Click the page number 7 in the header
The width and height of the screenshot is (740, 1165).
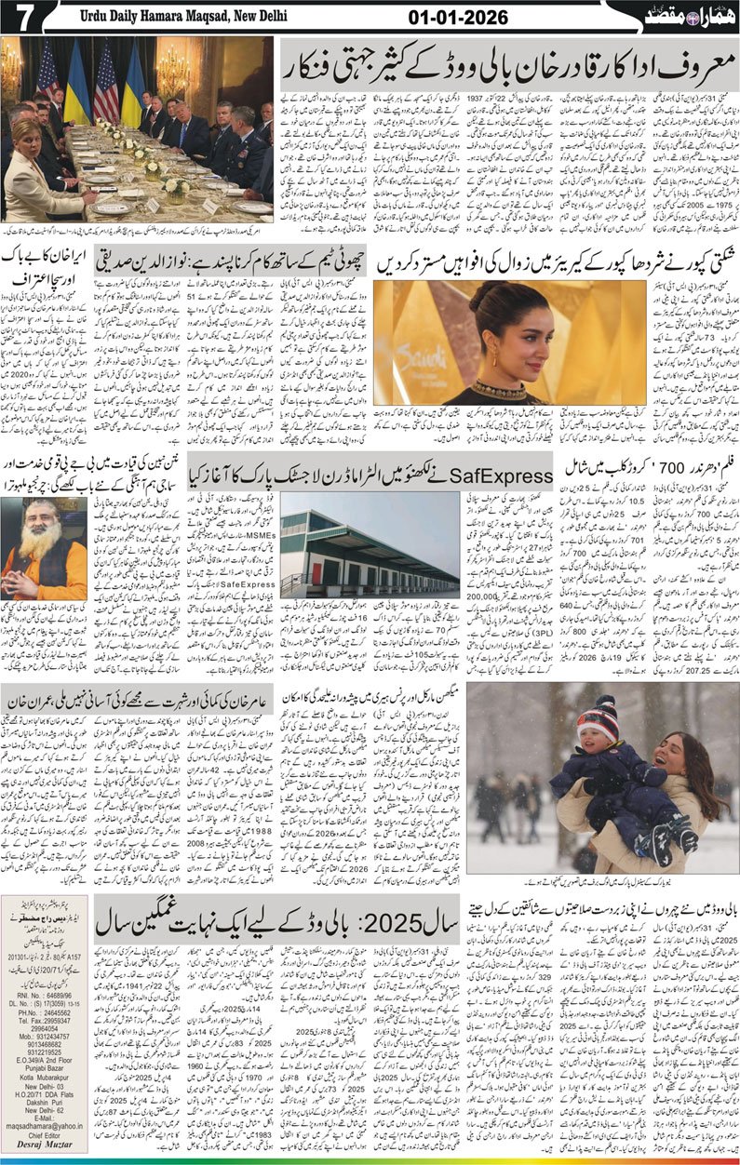click(20, 17)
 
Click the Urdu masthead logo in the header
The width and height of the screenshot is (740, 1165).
click(684, 17)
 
